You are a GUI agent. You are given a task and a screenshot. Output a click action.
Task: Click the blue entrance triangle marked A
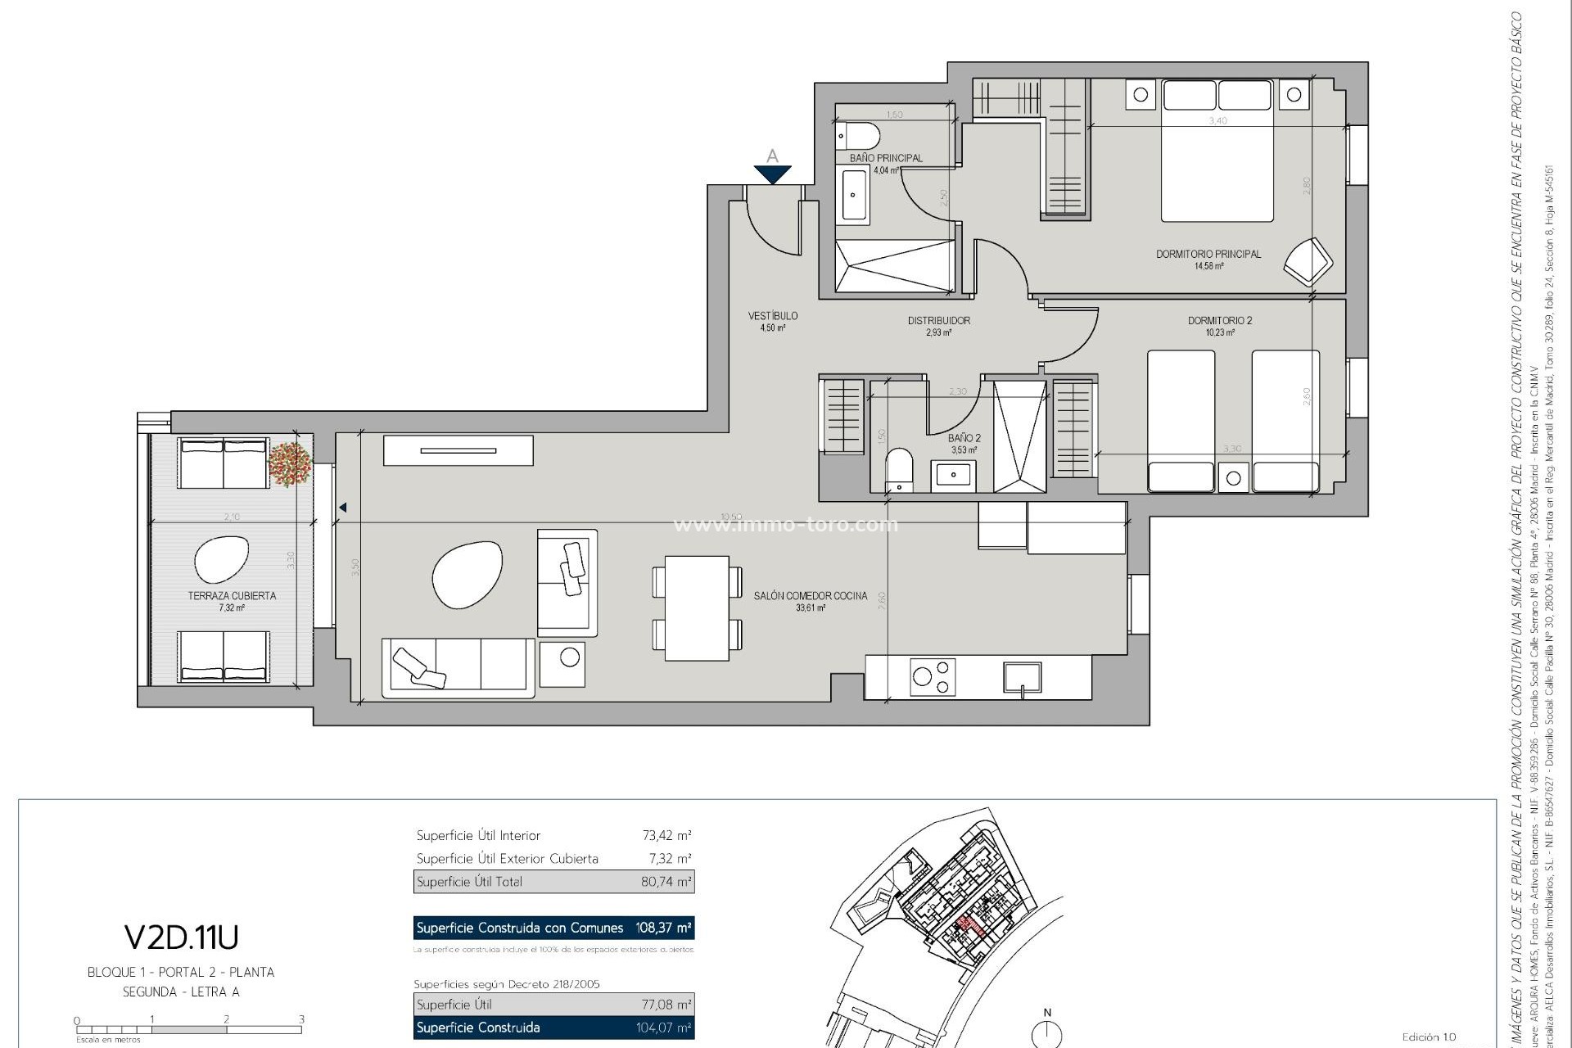(772, 174)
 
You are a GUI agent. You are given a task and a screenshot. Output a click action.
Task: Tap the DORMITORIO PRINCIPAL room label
(1208, 254)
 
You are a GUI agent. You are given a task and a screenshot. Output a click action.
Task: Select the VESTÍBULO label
(772, 315)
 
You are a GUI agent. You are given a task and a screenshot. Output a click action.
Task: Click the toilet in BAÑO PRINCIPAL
(857, 136)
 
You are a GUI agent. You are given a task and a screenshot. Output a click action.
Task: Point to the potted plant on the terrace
(290, 463)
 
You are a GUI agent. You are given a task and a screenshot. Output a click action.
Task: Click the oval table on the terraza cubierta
(221, 559)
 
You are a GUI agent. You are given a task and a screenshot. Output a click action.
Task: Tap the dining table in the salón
(697, 608)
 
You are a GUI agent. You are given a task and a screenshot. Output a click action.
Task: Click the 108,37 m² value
(663, 928)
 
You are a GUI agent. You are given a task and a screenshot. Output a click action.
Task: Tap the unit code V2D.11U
(181, 937)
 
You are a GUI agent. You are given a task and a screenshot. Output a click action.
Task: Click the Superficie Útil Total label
(469, 882)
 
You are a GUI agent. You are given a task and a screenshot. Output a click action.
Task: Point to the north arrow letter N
(1047, 1013)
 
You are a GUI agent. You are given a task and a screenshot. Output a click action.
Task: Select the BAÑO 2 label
(964, 438)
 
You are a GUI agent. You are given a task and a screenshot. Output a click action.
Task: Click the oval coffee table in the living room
(467, 575)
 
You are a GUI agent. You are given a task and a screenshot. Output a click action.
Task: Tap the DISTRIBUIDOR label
(938, 321)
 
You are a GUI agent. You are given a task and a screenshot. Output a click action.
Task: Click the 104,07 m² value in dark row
(663, 1028)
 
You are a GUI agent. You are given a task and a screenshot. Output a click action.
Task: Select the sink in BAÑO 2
(953, 474)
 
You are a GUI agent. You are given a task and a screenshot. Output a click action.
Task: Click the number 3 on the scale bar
(301, 1019)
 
